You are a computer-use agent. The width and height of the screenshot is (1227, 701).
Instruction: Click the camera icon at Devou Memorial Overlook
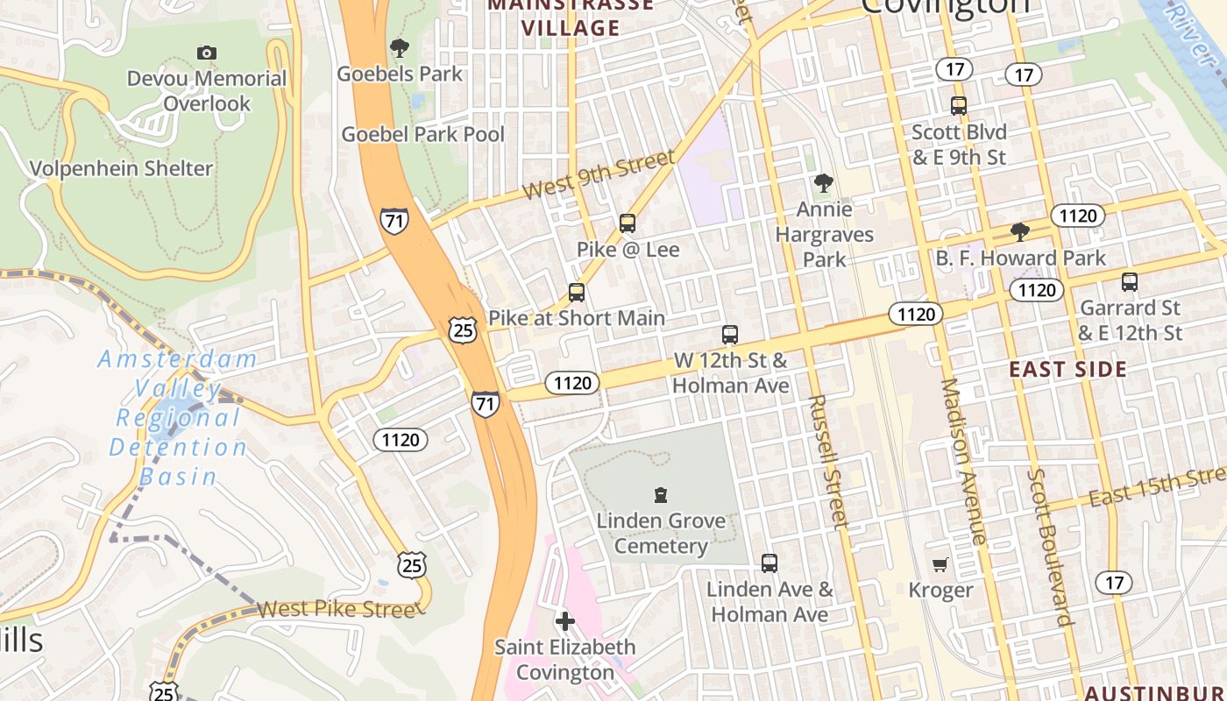[207, 53]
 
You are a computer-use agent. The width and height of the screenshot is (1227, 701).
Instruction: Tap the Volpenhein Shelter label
[122, 168]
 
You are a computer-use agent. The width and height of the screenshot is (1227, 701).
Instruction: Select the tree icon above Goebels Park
[400, 47]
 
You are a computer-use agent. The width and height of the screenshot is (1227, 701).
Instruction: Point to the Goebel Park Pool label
[422, 134]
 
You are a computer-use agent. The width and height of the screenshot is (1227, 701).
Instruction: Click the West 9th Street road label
[599, 174]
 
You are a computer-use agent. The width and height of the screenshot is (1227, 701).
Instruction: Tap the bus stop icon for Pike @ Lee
[628, 223]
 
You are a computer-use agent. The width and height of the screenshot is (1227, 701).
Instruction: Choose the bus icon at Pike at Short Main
[576, 293]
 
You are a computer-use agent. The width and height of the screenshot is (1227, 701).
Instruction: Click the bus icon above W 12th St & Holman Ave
[730, 335]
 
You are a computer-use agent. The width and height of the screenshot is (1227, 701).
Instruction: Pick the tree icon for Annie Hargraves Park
[823, 183]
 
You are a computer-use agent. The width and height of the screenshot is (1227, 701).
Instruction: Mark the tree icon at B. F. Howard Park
[1019, 232]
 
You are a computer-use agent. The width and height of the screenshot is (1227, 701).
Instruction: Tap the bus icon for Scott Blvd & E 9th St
[959, 106]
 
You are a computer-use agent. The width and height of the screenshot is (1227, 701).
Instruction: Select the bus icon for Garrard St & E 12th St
[1130, 282]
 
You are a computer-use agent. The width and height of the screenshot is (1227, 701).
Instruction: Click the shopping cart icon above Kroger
[940, 564]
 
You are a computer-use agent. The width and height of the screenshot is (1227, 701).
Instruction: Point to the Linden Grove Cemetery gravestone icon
[661, 495]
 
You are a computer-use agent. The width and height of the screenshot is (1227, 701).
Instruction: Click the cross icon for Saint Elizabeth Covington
[565, 621]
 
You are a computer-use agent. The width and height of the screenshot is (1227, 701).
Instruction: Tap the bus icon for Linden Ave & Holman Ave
[770, 563]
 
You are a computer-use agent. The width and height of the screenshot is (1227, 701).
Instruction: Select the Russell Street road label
[828, 461]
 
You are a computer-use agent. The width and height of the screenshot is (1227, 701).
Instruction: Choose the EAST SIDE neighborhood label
[1067, 369]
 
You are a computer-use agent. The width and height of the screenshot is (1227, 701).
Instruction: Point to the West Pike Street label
[336, 609]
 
